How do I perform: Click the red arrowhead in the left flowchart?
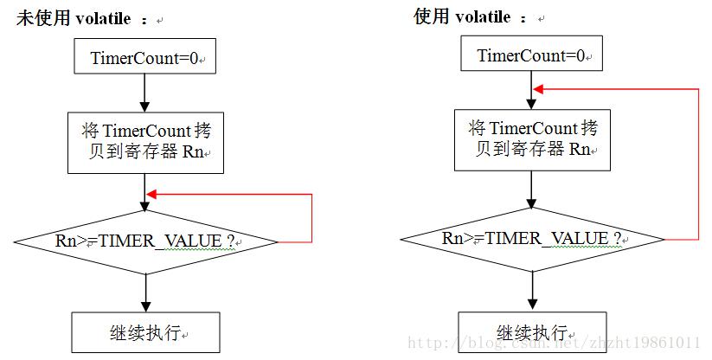151,195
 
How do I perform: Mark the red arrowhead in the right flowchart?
538,89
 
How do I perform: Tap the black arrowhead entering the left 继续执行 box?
145,306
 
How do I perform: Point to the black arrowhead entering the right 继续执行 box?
532,305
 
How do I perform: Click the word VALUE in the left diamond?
193,241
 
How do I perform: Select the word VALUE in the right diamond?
579,238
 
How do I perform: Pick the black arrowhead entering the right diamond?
531,202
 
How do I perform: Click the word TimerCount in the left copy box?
147,131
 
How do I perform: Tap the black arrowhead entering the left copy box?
144,106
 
